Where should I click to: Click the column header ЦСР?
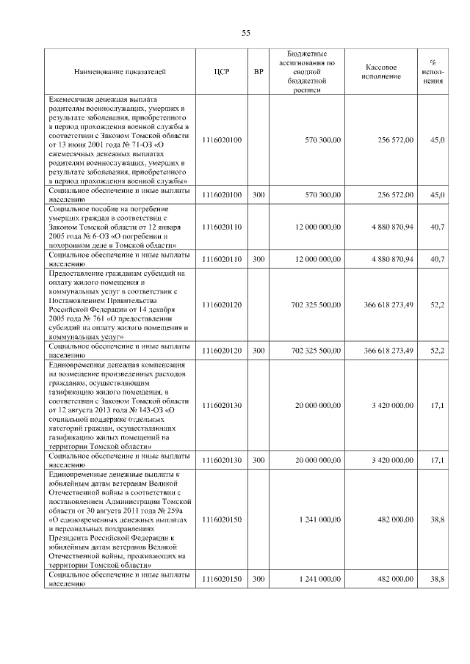pyautogui.click(x=222, y=72)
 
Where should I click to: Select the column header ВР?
pyautogui.click(x=258, y=72)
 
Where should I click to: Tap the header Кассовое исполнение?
pyautogui.click(x=381, y=72)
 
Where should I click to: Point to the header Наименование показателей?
pyautogui.click(x=120, y=72)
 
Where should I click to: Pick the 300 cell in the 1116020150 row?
pyautogui.click(x=258, y=580)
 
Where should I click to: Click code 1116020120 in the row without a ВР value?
pyautogui.click(x=222, y=304)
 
